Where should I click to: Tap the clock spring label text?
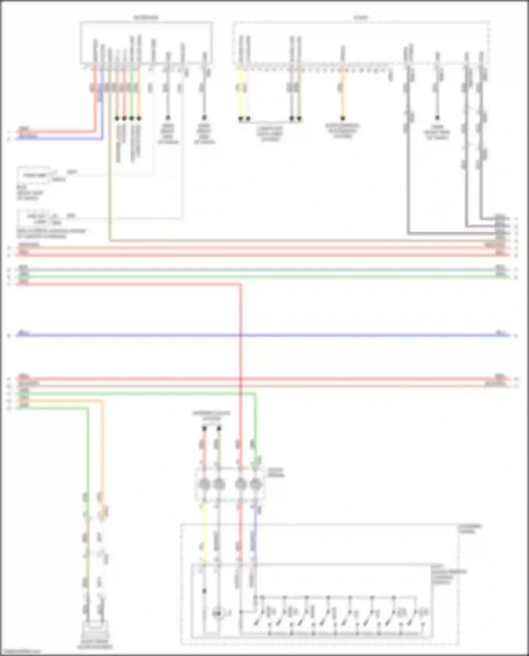276,472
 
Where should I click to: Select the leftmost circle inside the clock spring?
204,484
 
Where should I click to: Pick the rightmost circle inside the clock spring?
256,484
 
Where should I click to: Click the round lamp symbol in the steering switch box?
218,614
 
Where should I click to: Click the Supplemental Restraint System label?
342,131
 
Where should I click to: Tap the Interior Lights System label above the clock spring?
211,416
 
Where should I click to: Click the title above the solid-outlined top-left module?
146,17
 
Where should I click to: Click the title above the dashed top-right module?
360,17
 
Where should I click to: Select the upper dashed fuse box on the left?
34,175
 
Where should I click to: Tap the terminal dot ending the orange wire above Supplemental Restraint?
342,118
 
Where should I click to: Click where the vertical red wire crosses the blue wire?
241,335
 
